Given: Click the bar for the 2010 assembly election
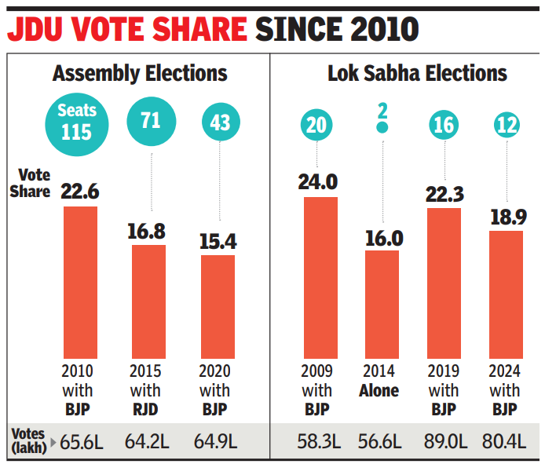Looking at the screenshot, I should point(80,283).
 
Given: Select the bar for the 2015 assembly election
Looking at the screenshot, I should point(148,302).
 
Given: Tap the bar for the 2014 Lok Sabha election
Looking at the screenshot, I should point(382,305).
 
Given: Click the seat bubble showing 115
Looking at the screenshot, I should point(76,121).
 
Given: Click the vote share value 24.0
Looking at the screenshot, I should point(318,182).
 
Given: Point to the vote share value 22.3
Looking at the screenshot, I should point(444,193).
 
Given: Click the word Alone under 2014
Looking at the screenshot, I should point(379,390).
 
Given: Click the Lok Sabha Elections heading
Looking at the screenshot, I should point(418,74).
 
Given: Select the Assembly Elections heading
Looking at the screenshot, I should point(140,74).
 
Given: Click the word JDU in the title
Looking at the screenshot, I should point(38,30).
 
